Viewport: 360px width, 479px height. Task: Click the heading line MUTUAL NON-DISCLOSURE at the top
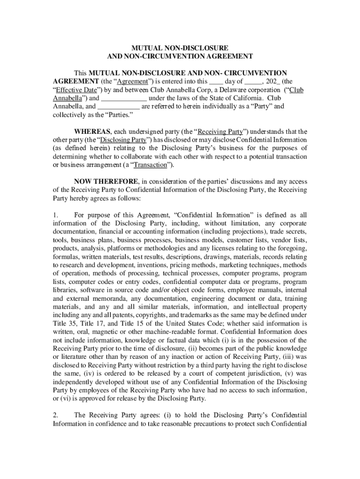180,48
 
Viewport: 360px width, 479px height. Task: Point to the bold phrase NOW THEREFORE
106,181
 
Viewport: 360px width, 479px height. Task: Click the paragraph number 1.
55,215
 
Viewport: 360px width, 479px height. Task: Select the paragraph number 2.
55,415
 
